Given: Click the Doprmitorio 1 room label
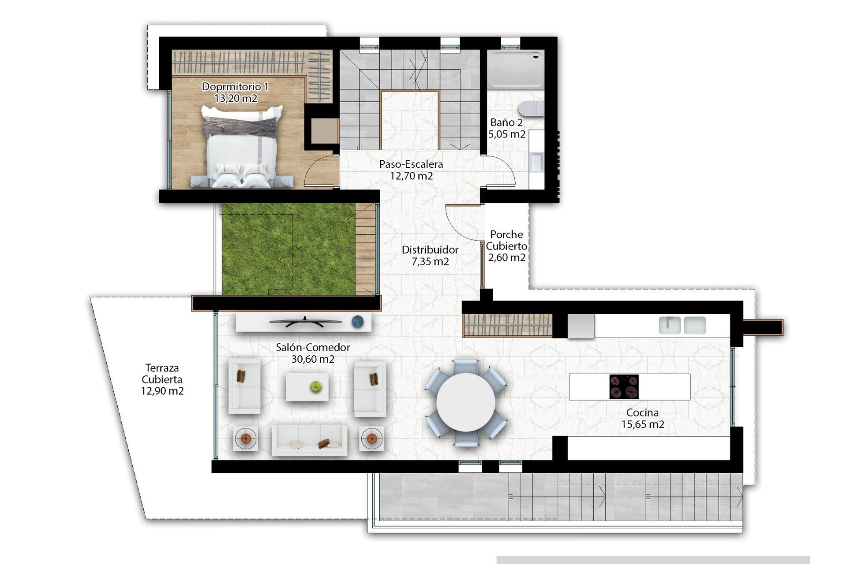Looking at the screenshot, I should click(235, 86).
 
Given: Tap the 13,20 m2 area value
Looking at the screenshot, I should click(236, 98).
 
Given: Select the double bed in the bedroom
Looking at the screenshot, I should click(242, 148).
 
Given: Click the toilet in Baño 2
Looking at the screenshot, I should click(531, 108).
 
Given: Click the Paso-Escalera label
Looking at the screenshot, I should click(411, 164).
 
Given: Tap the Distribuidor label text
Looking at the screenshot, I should click(430, 250).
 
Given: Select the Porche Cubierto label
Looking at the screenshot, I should click(506, 240).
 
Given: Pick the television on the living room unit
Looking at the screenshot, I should click(305, 322).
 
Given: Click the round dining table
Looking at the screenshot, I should click(466, 402).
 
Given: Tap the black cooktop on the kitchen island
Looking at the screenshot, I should click(624, 387).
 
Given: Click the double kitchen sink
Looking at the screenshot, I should click(682, 325).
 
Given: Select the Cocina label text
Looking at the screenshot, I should click(642, 413).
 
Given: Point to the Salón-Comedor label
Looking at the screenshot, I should click(313, 347).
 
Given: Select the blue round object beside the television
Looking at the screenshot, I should click(358, 322).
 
